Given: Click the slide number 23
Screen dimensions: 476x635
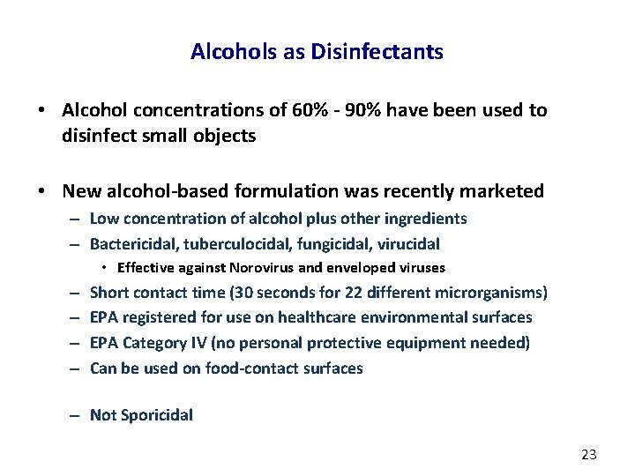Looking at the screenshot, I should tap(589, 455).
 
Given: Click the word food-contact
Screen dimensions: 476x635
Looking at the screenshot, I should tap(238, 368).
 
